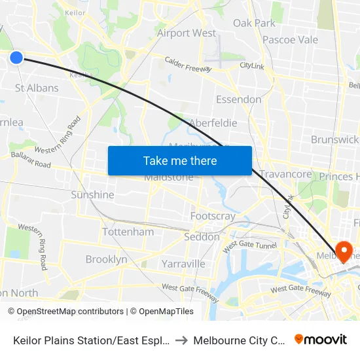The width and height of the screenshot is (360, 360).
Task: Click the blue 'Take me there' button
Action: tap(179, 160)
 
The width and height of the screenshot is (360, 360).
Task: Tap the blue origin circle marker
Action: tap(16, 58)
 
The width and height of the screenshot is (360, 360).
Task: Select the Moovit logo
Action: tap(321, 340)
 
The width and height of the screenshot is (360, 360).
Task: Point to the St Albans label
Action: tap(37, 88)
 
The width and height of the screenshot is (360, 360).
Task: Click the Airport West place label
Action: tap(187, 33)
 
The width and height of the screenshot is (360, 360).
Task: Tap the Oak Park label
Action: tap(255, 23)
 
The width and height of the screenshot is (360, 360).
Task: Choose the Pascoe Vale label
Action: tap(290, 39)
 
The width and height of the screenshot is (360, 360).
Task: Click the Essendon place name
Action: tap(238, 99)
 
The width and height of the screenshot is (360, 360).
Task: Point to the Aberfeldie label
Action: tap(213, 122)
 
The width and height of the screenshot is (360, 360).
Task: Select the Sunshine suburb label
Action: tap(92, 194)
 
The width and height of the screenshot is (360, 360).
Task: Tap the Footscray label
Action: tap(213, 216)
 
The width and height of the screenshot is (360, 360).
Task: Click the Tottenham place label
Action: tap(128, 232)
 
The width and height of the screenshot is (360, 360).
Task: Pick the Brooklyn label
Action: tap(106, 259)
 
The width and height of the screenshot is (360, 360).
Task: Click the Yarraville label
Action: tap(183, 264)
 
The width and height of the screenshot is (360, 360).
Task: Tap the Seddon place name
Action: tap(202, 237)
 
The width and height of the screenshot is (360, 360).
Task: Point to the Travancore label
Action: tap(285, 174)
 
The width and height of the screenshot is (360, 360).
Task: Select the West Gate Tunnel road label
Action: tap(250, 247)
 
